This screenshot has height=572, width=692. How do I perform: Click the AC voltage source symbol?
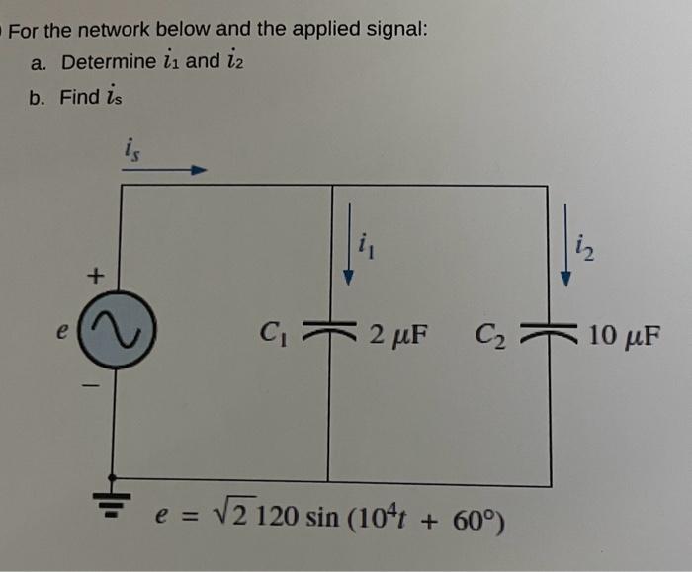click(x=120, y=336)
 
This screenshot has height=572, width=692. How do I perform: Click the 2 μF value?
click(x=398, y=333)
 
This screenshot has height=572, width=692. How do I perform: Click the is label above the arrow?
click(x=130, y=148)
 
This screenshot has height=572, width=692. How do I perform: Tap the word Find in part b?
click(x=80, y=96)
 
